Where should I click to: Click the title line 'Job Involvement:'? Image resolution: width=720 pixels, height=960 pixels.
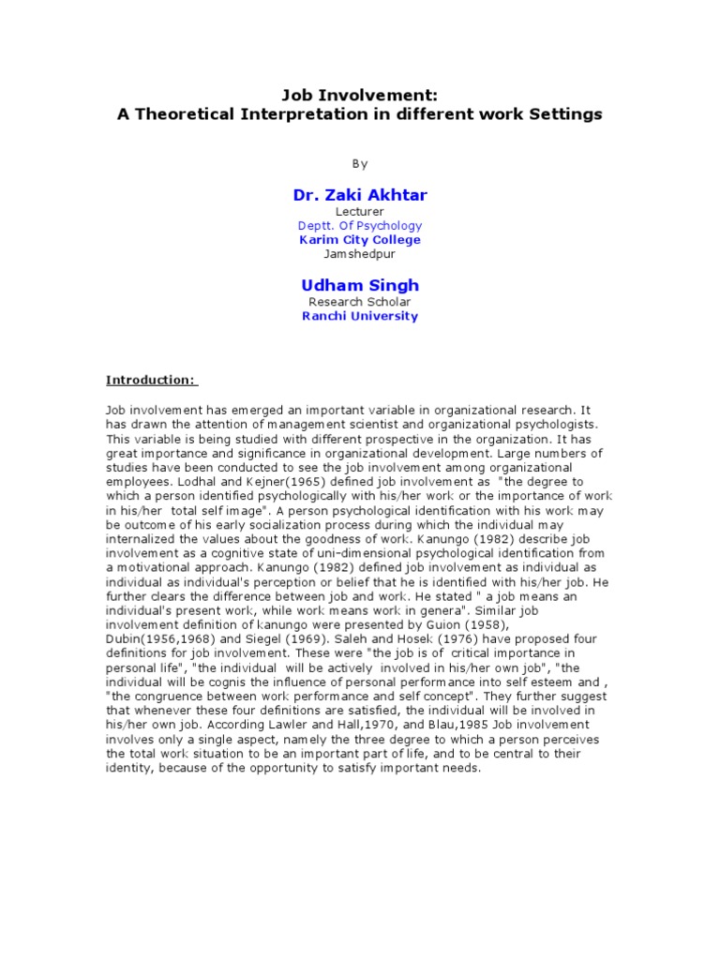coord(360,95)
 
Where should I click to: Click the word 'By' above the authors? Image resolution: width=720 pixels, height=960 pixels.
coord(360,163)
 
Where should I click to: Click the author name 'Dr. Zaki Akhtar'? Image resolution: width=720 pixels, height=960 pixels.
coord(360,194)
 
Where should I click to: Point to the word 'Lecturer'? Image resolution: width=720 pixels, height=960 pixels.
coord(360,212)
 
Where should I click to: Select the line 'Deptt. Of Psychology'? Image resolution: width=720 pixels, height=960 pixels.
coord(360,226)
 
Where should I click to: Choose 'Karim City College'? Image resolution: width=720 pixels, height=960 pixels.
coord(360,240)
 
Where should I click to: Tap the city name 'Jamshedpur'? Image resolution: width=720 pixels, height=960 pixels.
coord(360,254)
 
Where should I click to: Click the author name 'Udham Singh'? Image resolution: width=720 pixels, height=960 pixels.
coord(360,284)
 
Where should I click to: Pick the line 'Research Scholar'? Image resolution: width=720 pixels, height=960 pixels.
coord(360,302)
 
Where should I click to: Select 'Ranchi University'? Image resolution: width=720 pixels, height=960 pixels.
coord(360,316)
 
